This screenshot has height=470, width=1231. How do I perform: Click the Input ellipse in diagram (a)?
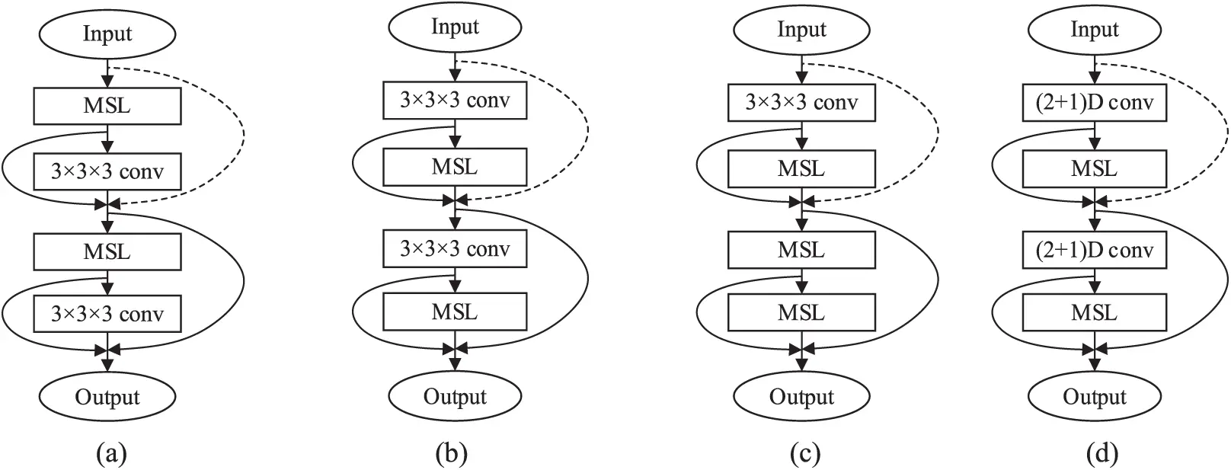(107, 34)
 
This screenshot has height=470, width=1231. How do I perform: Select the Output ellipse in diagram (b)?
(455, 397)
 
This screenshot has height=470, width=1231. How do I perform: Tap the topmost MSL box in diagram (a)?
(107, 106)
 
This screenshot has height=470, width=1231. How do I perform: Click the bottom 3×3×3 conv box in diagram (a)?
(107, 314)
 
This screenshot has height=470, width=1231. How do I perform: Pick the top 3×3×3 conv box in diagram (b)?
(455, 101)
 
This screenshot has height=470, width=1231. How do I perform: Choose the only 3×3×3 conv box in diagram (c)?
(801, 102)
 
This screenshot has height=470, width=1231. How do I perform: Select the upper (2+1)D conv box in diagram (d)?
(1095, 102)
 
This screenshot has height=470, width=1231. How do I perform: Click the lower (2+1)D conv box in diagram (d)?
(1095, 250)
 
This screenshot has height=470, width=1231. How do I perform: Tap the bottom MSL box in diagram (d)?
(1095, 313)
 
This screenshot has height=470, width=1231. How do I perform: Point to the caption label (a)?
(111, 454)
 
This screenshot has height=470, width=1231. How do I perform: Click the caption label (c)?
(805, 454)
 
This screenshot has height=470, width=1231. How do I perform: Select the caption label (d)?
(1102, 454)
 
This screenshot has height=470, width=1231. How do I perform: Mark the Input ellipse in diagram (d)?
(1095, 30)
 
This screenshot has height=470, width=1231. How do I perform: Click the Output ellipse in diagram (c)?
(801, 397)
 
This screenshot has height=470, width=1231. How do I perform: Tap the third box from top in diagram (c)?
(801, 250)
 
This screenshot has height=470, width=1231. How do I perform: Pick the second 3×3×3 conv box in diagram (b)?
(455, 249)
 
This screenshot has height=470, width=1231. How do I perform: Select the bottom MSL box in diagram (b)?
(455, 312)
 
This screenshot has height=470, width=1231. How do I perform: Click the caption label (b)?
(451, 454)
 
